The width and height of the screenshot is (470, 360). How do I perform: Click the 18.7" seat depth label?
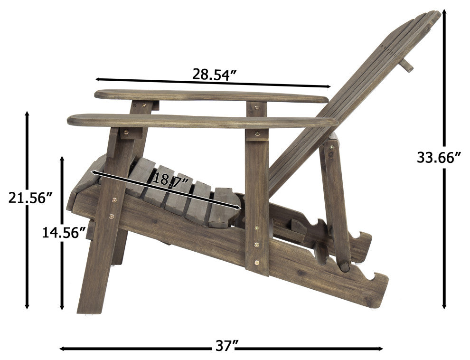point(171,180)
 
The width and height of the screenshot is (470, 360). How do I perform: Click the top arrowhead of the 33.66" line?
point(444,13)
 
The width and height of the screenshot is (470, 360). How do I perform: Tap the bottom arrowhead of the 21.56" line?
point(27,305)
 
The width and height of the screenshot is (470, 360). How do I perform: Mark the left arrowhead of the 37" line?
point(63,349)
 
